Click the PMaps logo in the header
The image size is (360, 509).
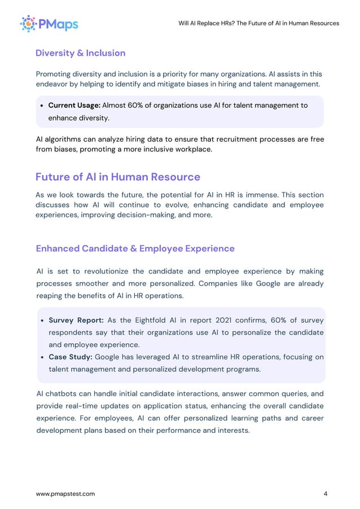[49, 23]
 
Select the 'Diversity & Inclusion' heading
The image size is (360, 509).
[80, 53]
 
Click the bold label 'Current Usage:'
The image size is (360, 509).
[74, 106]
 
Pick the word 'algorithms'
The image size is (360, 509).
[65, 139]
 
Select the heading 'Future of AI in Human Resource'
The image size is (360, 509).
[117, 177]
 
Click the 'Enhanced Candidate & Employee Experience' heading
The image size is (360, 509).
[135, 248]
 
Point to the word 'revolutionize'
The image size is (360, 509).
[106, 272]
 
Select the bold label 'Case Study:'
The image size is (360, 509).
[71, 357]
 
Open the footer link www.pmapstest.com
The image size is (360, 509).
[65, 494]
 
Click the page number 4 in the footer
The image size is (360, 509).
[326, 494]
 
